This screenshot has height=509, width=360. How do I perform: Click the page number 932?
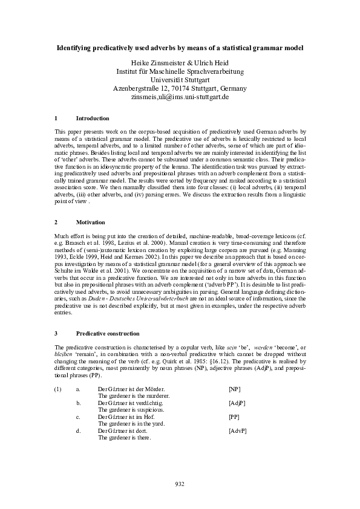pyautogui.click(x=180, y=484)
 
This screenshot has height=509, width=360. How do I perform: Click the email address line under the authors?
pyautogui.click(x=180, y=97)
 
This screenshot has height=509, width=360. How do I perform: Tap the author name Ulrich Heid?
pyautogui.click(x=211, y=63)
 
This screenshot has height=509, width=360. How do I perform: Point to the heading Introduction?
pyautogui.click(x=93, y=118)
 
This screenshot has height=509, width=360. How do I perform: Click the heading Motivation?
pyautogui.click(x=90, y=222)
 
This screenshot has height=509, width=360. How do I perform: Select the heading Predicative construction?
pyautogui.click(x=108, y=333)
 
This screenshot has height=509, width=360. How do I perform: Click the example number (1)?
pyautogui.click(x=58, y=390)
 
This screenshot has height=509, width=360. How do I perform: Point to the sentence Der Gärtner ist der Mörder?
pyautogui.click(x=131, y=390)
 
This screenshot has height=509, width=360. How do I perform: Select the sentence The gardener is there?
pyautogui.click(x=125, y=438)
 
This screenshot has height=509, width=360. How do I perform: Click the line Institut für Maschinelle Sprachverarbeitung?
pyautogui.click(x=180, y=71)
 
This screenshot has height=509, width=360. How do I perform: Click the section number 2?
pyautogui.click(x=56, y=222)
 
